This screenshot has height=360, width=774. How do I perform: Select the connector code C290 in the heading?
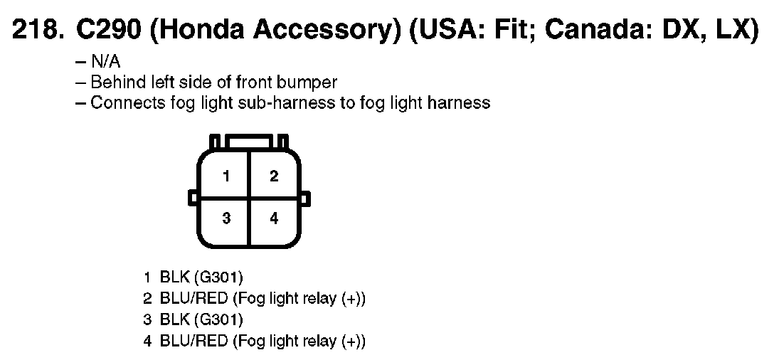[102, 31]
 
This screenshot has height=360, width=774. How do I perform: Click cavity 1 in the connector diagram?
[226, 176]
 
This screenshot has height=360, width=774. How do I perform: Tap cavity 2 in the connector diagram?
[274, 176]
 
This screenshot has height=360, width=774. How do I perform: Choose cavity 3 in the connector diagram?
[226, 218]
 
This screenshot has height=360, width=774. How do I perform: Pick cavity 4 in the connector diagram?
[274, 218]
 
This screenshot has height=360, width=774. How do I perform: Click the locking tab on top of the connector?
[249, 141]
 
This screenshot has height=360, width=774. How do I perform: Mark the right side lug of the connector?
[305, 196]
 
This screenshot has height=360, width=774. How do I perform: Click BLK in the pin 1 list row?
[174, 277]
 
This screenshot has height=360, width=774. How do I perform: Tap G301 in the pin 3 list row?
[218, 319]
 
